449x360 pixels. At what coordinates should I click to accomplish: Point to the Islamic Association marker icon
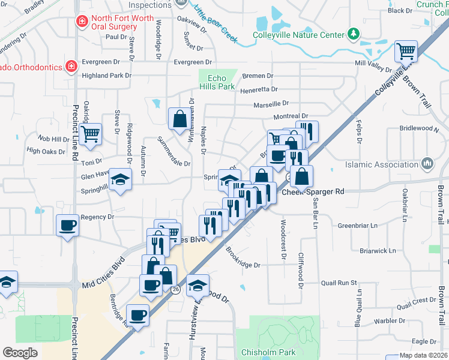tap(427, 163)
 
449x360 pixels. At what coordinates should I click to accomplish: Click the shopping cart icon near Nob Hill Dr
tap(91, 133)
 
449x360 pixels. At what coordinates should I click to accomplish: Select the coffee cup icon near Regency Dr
tap(67, 225)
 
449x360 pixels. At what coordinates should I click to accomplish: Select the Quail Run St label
tap(339, 283)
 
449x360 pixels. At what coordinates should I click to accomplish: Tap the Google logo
tap(20, 353)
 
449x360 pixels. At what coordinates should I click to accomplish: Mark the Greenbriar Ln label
tap(357, 226)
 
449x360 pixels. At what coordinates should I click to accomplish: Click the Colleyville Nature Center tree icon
tap(354, 33)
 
